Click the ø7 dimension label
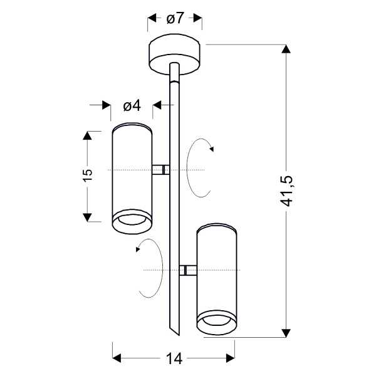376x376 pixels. [175, 18]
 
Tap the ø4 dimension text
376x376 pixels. [132, 106]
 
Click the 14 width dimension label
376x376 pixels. [174, 358]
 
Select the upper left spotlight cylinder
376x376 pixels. [131, 169]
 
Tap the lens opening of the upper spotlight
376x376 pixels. [131, 220]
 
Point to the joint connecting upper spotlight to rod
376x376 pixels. [161, 169]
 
